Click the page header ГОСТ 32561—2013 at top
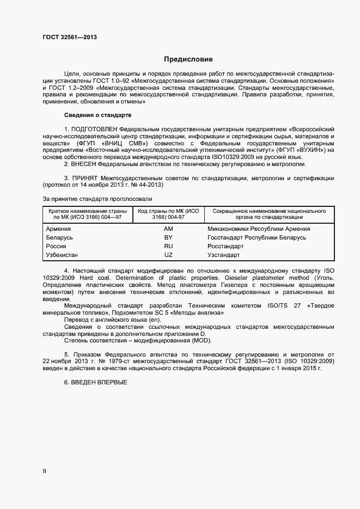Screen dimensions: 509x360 (x=70, y=38)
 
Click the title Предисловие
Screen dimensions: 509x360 (x=188, y=59)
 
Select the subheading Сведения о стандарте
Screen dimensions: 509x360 (x=97, y=115)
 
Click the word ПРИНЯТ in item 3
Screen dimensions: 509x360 (x=87, y=178)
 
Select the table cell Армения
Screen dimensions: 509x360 (x=58, y=229)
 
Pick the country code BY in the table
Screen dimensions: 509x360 (x=168, y=237)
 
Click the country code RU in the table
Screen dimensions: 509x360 (x=168, y=246)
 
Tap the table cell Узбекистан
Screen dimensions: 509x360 (x=62, y=255)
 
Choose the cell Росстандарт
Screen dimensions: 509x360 (x=225, y=246)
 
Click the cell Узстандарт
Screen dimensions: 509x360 (x=223, y=255)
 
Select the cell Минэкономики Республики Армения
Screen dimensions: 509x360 (x=259, y=229)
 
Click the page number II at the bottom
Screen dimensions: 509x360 (x=44, y=471)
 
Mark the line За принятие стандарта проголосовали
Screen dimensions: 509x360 (x=93, y=199)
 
